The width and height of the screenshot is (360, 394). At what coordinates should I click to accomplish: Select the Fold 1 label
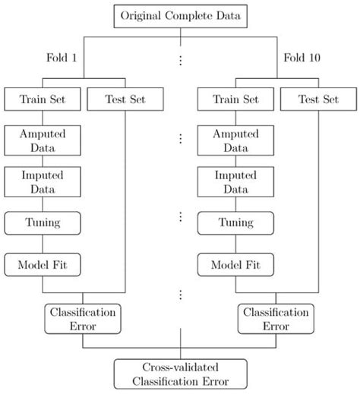61,58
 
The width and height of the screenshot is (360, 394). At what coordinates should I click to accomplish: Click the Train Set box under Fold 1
43,99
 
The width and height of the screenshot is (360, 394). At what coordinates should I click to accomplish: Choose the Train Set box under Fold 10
235,99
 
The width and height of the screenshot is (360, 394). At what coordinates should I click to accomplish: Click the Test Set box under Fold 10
317,99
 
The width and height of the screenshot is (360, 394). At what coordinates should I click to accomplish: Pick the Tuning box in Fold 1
43,223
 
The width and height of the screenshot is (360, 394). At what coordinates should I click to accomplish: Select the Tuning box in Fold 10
235,223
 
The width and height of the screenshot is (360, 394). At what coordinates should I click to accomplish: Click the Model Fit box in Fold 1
43,265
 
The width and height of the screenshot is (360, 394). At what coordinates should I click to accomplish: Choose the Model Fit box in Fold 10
235,265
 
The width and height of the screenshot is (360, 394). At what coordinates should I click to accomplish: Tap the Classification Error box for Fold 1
84,317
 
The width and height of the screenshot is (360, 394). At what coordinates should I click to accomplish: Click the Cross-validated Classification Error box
180,374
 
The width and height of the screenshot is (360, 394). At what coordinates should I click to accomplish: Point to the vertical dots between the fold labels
180,58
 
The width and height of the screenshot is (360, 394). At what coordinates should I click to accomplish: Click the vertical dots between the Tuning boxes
180,217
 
